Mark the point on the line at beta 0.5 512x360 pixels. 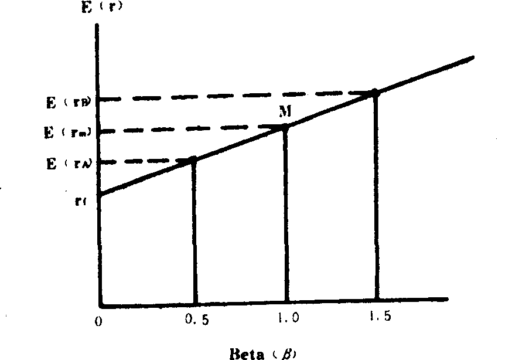[x=194, y=159]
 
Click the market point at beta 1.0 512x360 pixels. [x=286, y=127]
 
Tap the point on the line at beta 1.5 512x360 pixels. [x=376, y=93]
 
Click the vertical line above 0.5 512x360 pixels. [x=194, y=235]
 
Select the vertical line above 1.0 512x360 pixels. [x=286, y=217]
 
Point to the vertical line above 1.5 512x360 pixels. [x=376, y=199]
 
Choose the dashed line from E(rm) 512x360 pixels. [x=193, y=128]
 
